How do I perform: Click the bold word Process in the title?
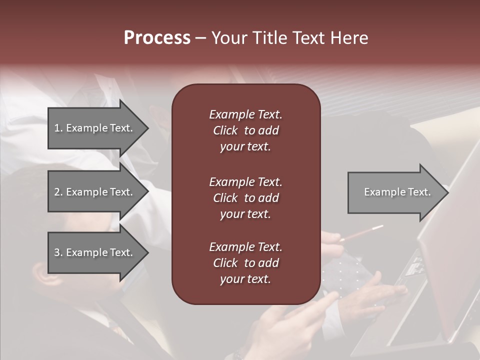(x=157, y=38)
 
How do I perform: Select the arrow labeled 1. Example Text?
(x=95, y=128)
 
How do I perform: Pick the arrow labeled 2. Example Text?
(x=95, y=192)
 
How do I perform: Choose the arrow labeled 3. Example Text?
(x=95, y=252)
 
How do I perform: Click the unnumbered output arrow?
(x=395, y=192)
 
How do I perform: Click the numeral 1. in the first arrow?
(x=58, y=128)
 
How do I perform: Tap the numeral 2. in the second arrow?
(x=58, y=192)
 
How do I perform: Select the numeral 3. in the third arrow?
(x=58, y=252)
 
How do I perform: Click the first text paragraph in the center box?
(x=245, y=130)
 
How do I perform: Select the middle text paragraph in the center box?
(x=245, y=198)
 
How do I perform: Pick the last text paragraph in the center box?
(x=245, y=263)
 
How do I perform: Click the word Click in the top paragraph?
(x=225, y=130)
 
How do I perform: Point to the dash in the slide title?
(x=200, y=38)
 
